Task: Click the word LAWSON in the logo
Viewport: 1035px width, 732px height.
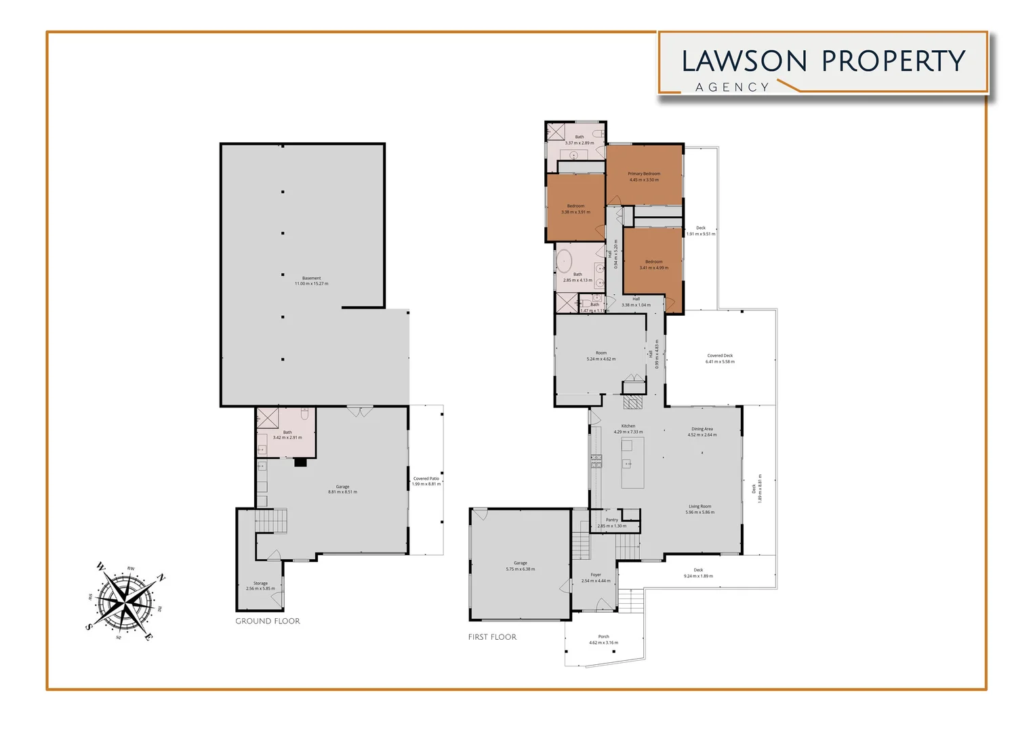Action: click(744, 61)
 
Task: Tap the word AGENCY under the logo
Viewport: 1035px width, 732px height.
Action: click(732, 87)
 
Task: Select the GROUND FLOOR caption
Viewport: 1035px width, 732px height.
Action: click(268, 621)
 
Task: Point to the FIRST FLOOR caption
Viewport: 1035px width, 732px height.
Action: click(492, 637)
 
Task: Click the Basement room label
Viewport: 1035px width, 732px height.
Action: click(311, 278)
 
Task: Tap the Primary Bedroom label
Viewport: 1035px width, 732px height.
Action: click(644, 174)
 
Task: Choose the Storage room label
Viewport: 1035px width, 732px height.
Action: click(260, 583)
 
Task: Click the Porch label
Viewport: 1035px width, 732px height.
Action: click(603, 636)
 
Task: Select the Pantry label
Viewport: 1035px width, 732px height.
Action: click(611, 520)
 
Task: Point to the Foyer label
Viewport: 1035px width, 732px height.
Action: click(596, 575)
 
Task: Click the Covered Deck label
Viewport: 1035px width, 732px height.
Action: click(720, 355)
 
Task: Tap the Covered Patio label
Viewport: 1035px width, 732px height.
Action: click(426, 479)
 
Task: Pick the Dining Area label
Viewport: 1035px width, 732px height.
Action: click(702, 428)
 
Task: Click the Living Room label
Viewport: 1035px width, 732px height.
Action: click(700, 506)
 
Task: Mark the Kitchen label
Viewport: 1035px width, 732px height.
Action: click(628, 426)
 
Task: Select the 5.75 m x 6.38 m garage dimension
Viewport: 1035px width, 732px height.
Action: click(520, 569)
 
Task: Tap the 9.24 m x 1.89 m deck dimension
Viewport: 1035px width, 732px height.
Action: click(698, 576)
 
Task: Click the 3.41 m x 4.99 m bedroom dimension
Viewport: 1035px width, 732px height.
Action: click(653, 268)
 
